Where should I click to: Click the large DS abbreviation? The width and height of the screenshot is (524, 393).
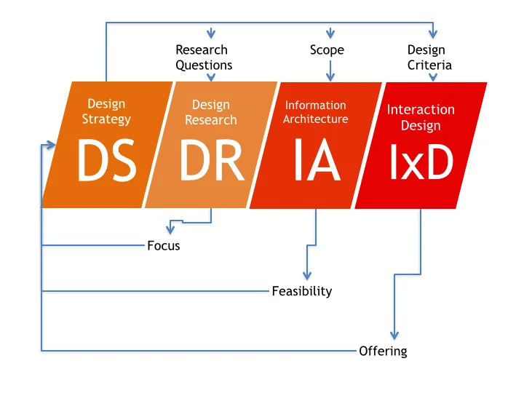click(107, 161)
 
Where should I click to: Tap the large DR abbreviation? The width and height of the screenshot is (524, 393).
click(211, 161)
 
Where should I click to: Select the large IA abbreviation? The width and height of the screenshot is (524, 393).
click(317, 161)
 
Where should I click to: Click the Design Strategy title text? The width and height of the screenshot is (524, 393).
click(106, 111)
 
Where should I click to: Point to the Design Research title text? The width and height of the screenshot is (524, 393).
click(211, 113)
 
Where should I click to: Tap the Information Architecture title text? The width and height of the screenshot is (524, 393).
click(316, 112)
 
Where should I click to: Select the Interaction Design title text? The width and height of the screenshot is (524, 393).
click(421, 117)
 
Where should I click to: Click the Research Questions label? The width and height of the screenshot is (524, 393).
click(204, 57)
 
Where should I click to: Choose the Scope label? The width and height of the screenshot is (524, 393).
click(327, 50)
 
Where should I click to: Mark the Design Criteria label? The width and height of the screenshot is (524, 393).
click(429, 57)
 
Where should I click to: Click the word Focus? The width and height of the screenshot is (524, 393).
click(163, 246)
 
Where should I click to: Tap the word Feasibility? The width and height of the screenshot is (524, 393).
click(301, 291)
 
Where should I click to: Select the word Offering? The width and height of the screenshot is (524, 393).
click(383, 352)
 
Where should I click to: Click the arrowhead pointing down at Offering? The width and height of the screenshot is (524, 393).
click(394, 335)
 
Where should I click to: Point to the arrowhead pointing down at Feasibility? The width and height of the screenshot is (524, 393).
click(307, 274)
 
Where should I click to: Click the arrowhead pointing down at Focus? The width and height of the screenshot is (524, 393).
click(170, 229)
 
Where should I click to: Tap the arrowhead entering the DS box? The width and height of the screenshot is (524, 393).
click(51, 145)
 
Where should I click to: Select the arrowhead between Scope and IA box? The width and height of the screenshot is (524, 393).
click(330, 76)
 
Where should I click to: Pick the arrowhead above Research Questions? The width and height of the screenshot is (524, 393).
click(211, 33)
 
